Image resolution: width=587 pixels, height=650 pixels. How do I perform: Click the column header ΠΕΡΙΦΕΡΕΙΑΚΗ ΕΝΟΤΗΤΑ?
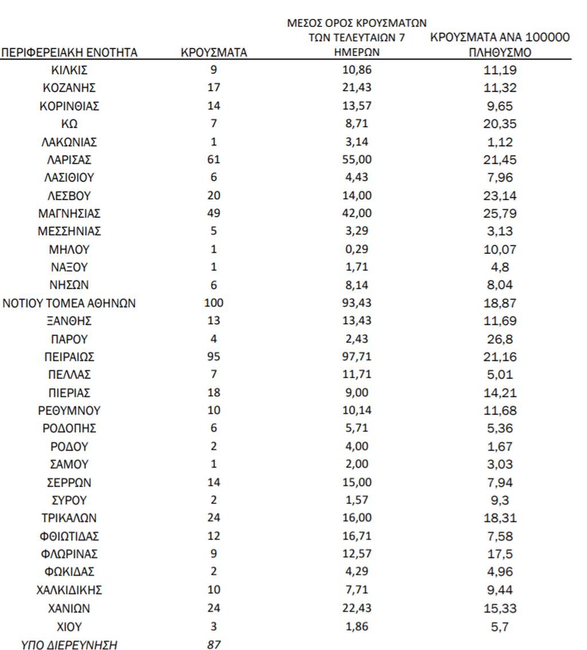pos(69,53)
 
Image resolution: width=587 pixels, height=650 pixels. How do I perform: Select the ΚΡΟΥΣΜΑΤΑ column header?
pos(214,53)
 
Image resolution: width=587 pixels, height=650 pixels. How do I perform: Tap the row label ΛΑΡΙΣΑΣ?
pos(69,160)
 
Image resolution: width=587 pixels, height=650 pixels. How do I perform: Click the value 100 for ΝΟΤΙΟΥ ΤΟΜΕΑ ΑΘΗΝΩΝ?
pos(214,303)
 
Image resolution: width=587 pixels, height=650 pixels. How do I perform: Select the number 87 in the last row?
pos(214,645)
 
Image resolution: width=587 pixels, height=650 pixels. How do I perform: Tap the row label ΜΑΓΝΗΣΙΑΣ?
pos(69,214)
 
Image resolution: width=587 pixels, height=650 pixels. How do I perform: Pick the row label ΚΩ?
pos(69,124)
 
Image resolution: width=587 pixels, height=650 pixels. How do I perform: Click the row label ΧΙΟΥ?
pos(69,626)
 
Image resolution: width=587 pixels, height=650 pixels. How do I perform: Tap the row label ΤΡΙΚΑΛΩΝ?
pos(69,519)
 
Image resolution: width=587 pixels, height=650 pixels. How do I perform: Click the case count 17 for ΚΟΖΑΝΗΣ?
pos(214,88)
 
